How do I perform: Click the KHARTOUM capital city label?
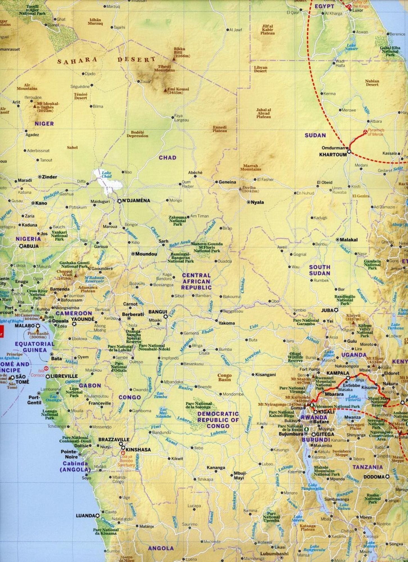click(333, 155)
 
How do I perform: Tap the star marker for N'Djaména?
click(119, 201)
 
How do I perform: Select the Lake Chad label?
click(106, 175)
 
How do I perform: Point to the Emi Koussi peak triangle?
click(165, 90)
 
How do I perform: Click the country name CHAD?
click(167, 158)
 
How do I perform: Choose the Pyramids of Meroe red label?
click(376, 132)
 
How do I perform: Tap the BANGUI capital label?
click(158, 312)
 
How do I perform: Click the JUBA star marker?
click(336, 310)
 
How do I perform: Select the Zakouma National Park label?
click(177, 221)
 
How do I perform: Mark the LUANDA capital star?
click(97, 516)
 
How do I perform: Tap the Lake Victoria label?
click(353, 398)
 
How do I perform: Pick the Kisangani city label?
click(265, 375)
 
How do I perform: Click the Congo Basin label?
click(224, 377)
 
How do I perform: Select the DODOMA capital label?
click(374, 477)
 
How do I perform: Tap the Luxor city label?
click(358, 10)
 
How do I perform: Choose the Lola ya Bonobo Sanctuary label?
click(126, 461)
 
